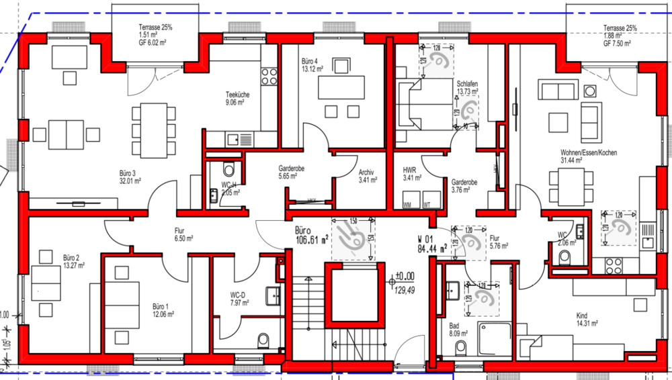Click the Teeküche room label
(237, 95)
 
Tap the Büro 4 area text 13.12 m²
(313, 68)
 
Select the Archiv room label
(366, 171)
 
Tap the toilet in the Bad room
(461, 348)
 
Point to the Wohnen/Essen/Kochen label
(589, 152)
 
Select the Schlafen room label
(467, 83)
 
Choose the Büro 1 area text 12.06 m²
(163, 314)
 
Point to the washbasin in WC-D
(274, 295)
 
